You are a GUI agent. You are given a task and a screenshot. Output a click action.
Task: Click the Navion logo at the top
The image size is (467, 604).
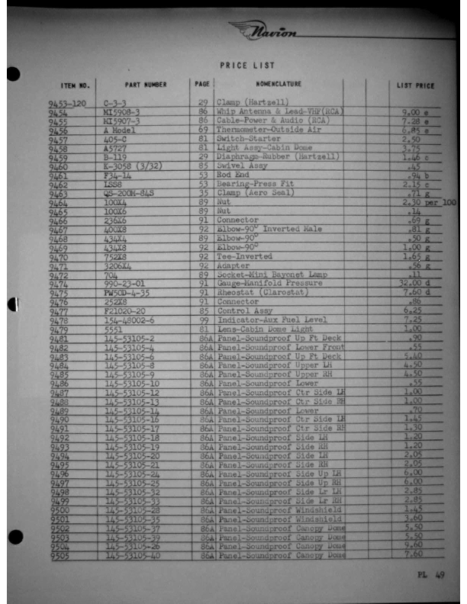click(x=266, y=31)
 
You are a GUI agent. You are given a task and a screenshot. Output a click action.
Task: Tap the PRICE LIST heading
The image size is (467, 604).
click(x=247, y=66)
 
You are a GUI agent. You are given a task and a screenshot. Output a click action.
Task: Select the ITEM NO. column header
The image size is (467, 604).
click(x=75, y=85)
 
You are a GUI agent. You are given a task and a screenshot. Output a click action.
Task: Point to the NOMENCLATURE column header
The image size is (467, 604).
click(x=279, y=84)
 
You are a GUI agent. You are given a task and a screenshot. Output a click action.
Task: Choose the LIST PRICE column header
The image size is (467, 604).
click(x=415, y=85)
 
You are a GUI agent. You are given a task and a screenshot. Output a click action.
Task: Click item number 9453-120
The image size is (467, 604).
click(x=67, y=102)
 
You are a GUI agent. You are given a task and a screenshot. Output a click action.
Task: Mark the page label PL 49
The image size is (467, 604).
click(x=430, y=576)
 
